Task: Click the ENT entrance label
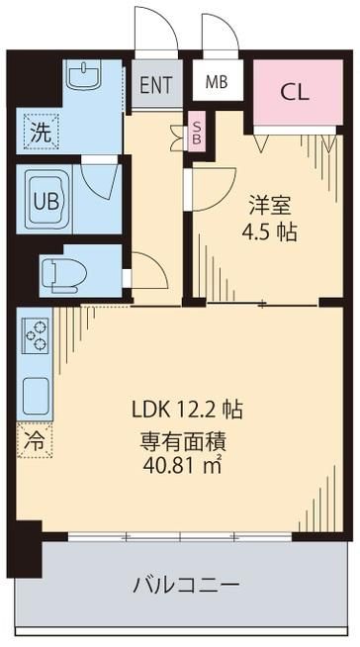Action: coord(156,85)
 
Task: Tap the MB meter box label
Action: coord(217,82)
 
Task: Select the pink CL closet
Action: coord(298,92)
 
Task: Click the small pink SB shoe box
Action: coord(197,131)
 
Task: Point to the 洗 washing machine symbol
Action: coord(42,132)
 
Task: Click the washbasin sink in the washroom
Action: coord(84,74)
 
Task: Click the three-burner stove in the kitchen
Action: coord(35,336)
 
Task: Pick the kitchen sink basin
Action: coord(36,396)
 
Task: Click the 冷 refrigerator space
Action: coord(35,440)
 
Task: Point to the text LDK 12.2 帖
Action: coord(187,410)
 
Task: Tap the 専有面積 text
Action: coord(183,442)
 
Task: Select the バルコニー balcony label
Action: coord(186,585)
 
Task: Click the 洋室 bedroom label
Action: coord(270,206)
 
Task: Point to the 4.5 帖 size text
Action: coord(269,233)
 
